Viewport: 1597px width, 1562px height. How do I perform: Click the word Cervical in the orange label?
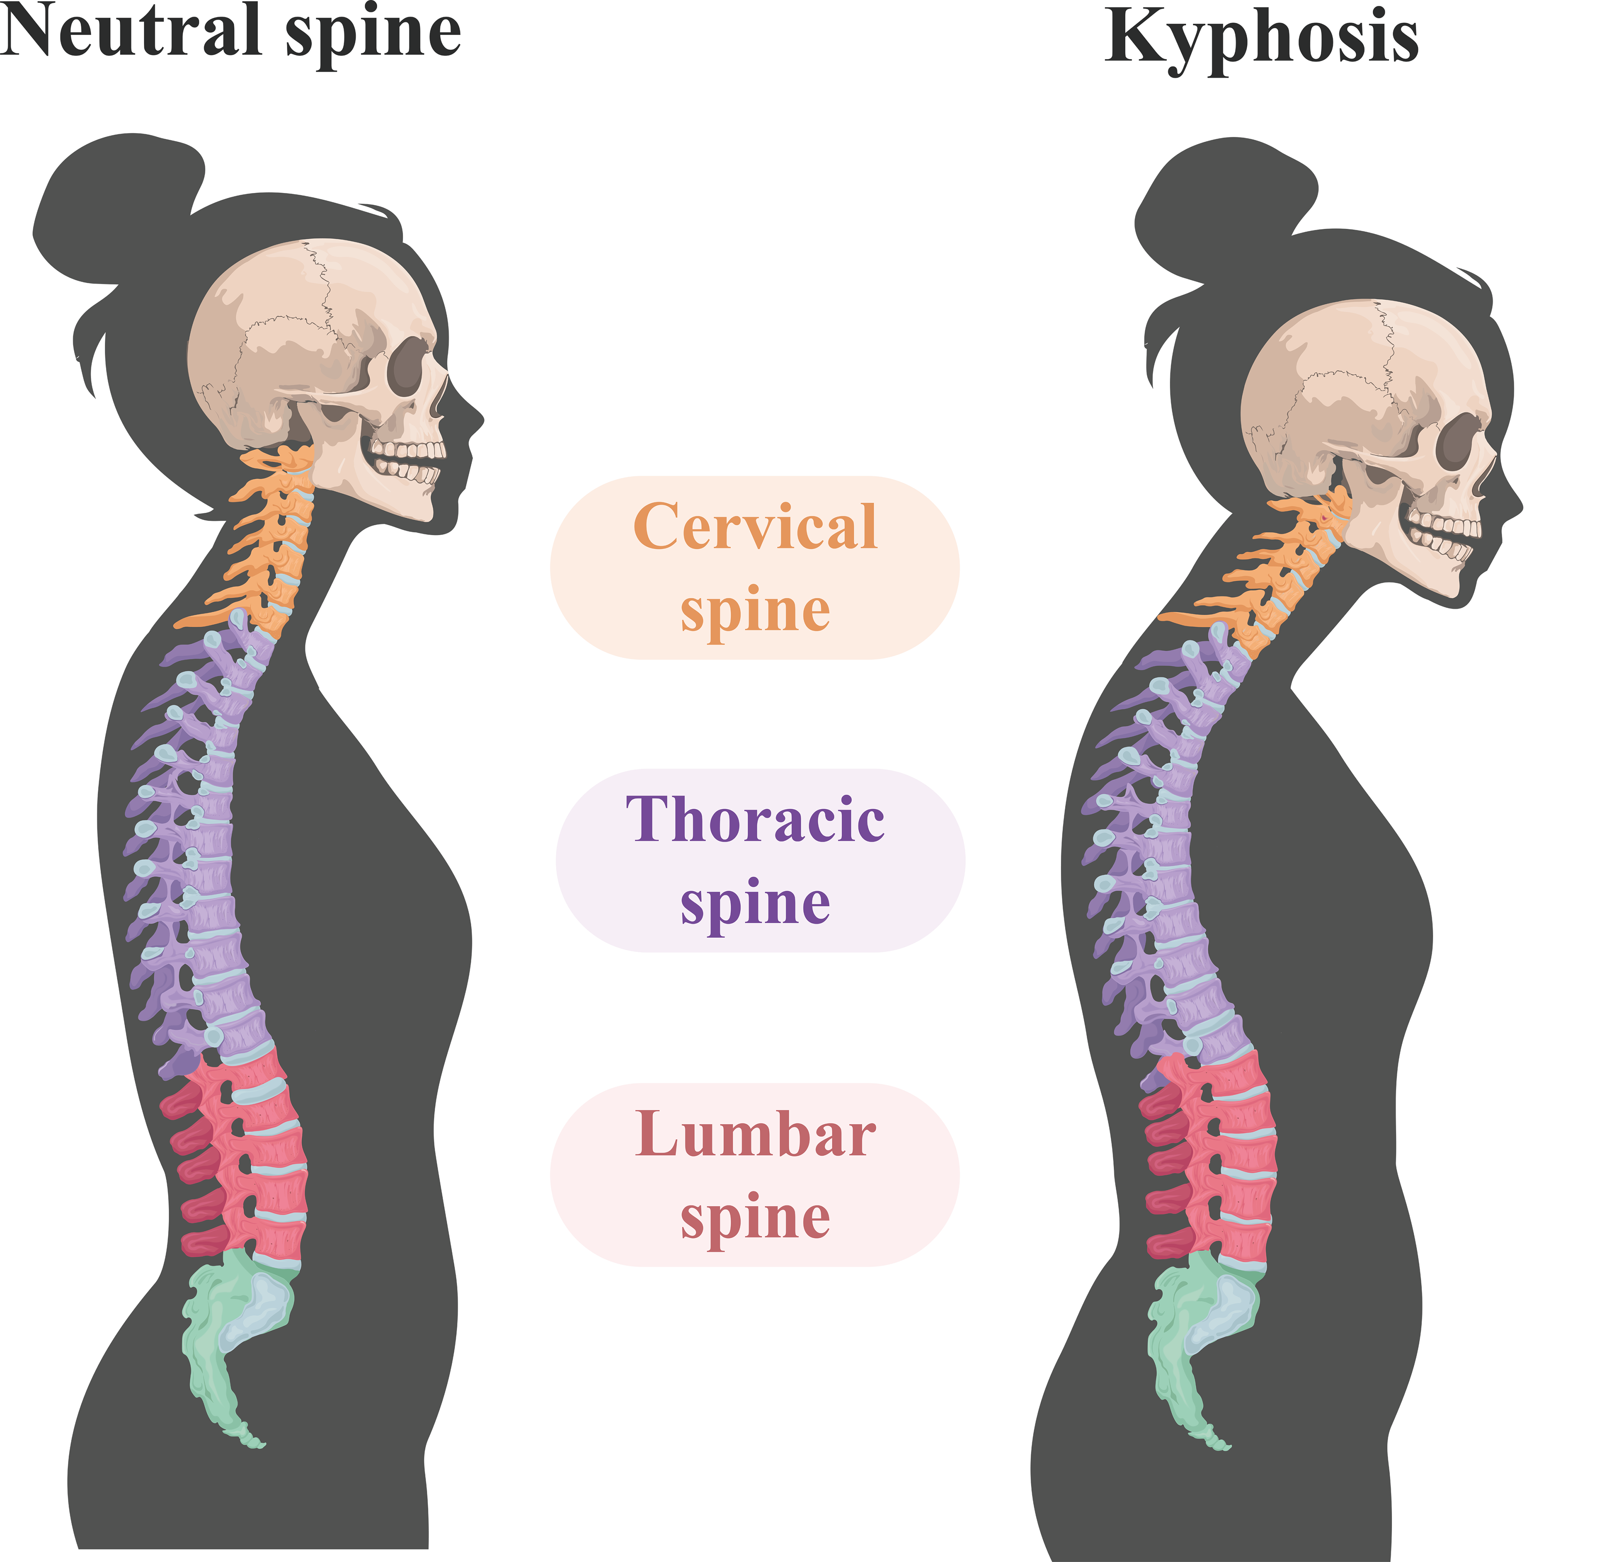point(754,526)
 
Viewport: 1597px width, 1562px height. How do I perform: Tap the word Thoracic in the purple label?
point(754,819)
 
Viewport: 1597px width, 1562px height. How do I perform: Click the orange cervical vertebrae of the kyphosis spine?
point(1288,574)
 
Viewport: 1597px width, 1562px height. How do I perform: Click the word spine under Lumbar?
point(754,1218)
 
